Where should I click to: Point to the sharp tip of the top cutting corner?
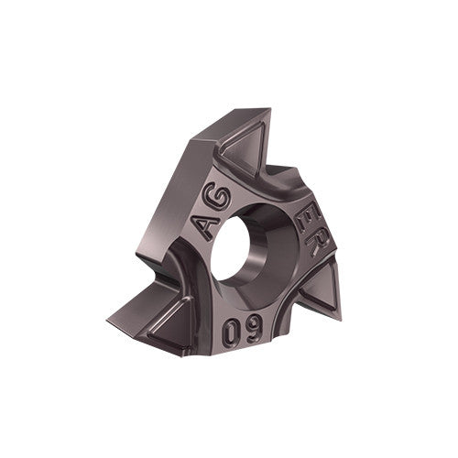click(269, 109)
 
